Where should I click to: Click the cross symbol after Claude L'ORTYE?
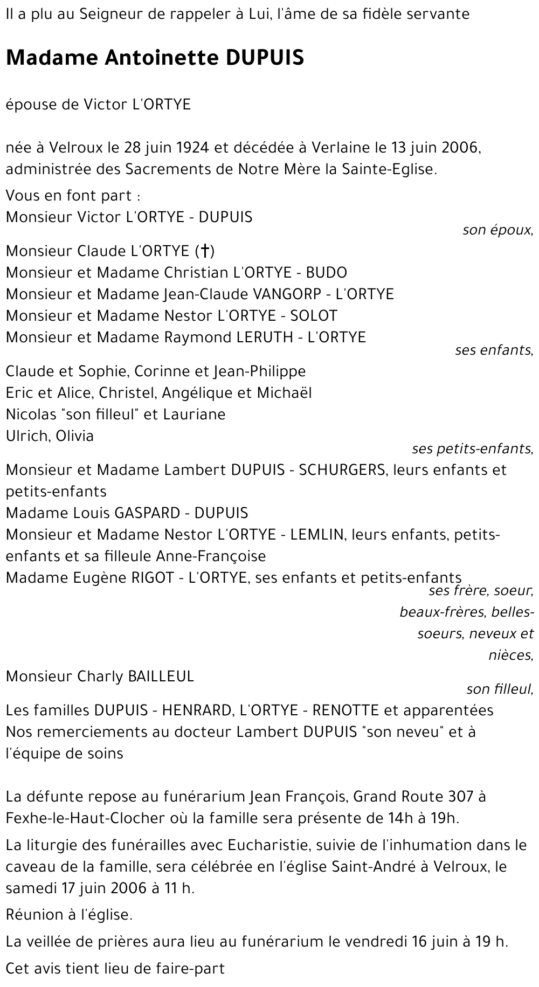tap(205, 251)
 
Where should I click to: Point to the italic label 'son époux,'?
tap(497, 231)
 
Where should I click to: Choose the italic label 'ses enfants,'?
tap(494, 350)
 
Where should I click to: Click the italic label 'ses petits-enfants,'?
tap(472, 448)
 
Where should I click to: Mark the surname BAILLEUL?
tap(160, 676)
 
